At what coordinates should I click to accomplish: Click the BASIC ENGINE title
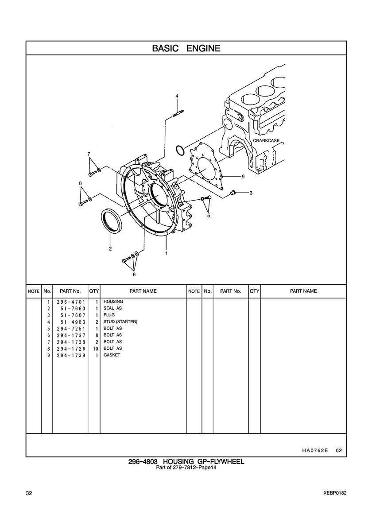click(x=186, y=48)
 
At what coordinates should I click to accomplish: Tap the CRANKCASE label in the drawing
click(x=266, y=141)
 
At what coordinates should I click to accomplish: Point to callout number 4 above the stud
click(x=177, y=96)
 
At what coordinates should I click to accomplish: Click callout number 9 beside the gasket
click(x=243, y=176)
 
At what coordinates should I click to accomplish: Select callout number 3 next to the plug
click(x=251, y=193)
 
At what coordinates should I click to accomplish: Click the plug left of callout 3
click(x=234, y=192)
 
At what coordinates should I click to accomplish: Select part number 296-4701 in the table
click(x=71, y=302)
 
